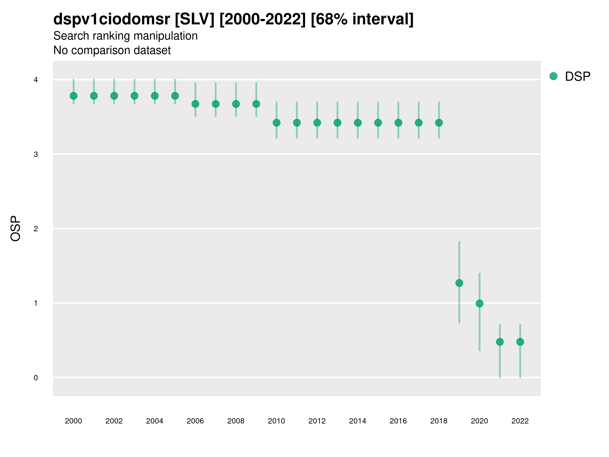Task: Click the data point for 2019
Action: (x=459, y=283)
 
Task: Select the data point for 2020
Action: (x=479, y=303)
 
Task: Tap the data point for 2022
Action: (x=520, y=342)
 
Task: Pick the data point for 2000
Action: (x=74, y=96)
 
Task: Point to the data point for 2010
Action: (x=276, y=123)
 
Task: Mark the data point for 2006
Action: (x=195, y=104)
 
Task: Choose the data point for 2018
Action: (x=439, y=123)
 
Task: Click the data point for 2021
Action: (x=500, y=342)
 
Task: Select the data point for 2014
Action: (x=358, y=123)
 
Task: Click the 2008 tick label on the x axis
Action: (x=236, y=421)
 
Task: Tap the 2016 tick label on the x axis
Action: (x=398, y=421)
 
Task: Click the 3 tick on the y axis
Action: (x=36, y=154)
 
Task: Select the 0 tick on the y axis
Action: (x=36, y=378)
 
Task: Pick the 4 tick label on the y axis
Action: (x=36, y=80)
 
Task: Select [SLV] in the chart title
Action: (x=194, y=19)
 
